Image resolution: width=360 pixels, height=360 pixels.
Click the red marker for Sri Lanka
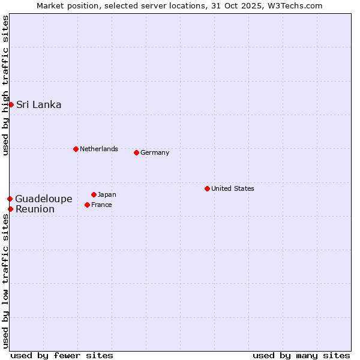[11, 105]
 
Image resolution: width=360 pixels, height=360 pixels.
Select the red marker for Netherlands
[76, 149]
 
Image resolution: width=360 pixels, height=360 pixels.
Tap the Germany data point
[136, 152]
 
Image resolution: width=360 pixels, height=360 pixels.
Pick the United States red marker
[207, 188]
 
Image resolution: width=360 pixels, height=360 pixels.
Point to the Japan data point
[94, 194]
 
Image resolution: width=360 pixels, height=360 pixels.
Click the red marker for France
[88, 205]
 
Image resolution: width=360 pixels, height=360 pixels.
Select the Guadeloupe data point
[10, 199]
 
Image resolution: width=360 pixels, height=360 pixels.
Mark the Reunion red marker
[10, 209]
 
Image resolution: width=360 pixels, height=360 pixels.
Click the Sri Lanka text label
[38, 105]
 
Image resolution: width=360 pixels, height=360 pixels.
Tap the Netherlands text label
[98, 149]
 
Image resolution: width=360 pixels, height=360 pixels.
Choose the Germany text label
[155, 152]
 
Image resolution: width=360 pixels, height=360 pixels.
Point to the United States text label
[232, 188]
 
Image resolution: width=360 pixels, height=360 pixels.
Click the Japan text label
[107, 194]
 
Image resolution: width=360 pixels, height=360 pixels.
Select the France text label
[101, 205]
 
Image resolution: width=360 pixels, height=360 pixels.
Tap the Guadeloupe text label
[44, 199]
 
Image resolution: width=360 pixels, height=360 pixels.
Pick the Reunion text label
[35, 209]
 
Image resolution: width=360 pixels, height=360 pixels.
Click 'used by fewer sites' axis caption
[62, 355]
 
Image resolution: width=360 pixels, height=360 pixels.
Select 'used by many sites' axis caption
[301, 355]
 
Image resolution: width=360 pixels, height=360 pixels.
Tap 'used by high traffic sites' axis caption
[6, 86]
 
